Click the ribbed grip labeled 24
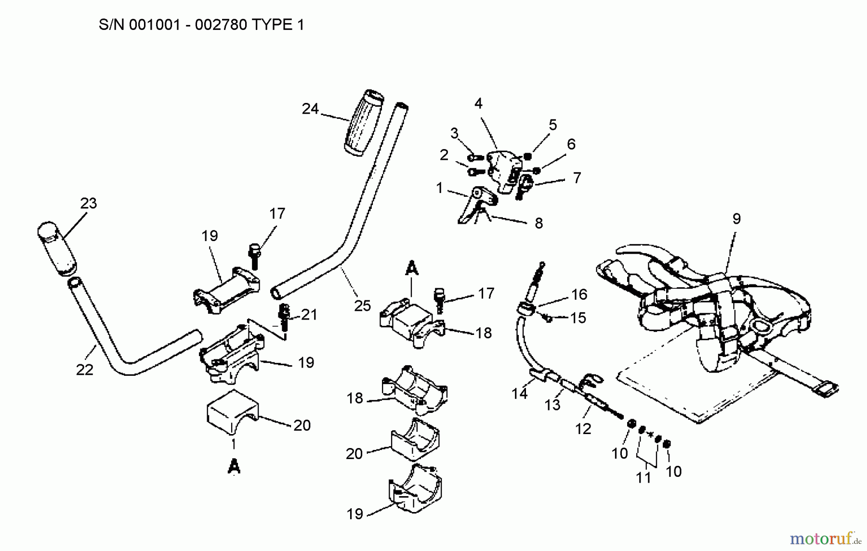[x=364, y=123]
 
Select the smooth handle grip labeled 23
[x=56, y=249]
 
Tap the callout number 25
[x=362, y=306]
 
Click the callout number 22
[x=85, y=370]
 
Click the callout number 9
[x=736, y=219]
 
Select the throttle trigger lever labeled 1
[x=474, y=205]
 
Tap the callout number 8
[x=539, y=223]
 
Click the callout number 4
[x=478, y=103]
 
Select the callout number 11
[x=644, y=478]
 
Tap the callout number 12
[x=583, y=429]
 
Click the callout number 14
[x=519, y=394]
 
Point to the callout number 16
[x=579, y=294]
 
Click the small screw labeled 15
[x=547, y=318]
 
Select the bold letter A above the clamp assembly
[x=411, y=269]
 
